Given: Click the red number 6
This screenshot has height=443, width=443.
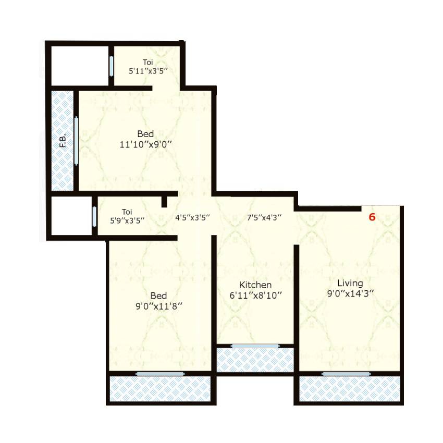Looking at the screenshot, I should tap(372, 217).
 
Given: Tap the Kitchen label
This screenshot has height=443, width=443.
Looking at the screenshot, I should tap(255, 285).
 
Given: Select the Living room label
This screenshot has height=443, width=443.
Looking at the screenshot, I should tap(350, 284).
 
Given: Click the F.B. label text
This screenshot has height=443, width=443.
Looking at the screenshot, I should tap(63, 141).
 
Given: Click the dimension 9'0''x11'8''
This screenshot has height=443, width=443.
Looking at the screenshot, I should tap(159, 306).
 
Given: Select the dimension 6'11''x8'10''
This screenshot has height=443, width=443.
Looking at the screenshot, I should tap(256, 296).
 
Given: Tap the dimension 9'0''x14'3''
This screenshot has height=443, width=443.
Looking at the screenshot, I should tap(350, 294).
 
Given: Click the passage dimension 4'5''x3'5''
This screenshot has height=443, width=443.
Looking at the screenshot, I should tap(192, 218).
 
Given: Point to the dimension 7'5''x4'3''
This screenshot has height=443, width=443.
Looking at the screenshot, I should tap(264, 218).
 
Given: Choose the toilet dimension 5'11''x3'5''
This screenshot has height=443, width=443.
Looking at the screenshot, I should tap(148, 71).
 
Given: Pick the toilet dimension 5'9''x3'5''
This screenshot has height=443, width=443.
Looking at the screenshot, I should tap(127, 220).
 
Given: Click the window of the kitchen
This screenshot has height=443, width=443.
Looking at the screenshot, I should tap(255, 346).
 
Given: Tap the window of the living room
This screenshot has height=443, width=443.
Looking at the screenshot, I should tap(346, 374).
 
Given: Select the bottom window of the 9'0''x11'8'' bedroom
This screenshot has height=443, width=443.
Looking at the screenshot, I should tap(161, 374).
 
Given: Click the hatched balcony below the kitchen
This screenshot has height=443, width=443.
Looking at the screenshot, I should tap(255, 360).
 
